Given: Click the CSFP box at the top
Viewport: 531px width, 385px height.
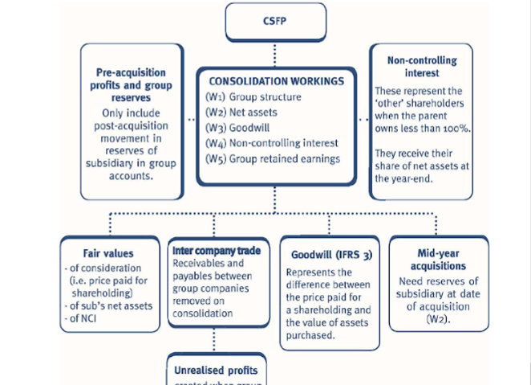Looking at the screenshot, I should pyautogui.click(x=276, y=21).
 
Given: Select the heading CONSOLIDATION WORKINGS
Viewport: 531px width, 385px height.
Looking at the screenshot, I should pyautogui.click(x=275, y=81).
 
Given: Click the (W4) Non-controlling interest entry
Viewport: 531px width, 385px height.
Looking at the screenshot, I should pyautogui.click(x=271, y=143).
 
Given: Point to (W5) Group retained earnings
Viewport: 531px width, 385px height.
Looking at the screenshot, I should pyautogui.click(x=273, y=158).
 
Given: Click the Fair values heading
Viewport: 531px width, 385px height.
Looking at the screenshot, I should pyautogui.click(x=107, y=252).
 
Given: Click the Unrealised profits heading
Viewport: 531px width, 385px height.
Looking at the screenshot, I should pyautogui.click(x=216, y=371).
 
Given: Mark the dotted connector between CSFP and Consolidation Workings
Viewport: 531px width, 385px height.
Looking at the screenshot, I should pyautogui.click(x=275, y=53).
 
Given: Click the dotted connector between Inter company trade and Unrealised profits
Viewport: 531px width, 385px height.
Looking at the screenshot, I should pyautogui.click(x=216, y=340).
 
